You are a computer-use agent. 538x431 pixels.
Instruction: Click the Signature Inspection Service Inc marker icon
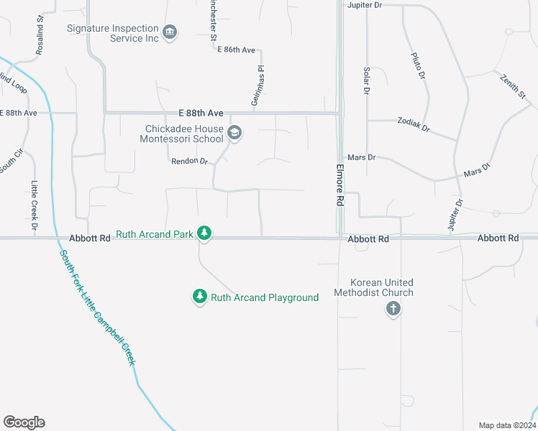[170, 32]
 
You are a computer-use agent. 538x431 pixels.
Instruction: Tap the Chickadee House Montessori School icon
[234, 133]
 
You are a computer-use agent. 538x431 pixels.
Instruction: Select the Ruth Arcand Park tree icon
[204, 233]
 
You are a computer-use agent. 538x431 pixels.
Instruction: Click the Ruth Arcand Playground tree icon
[199, 296]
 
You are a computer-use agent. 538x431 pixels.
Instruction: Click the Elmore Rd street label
[340, 185]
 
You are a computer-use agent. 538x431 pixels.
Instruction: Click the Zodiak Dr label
[414, 125]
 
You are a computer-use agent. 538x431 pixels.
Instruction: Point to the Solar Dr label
[366, 81]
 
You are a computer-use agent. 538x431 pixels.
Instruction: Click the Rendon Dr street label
[189, 162]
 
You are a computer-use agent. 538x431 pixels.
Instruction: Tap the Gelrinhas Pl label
[255, 87]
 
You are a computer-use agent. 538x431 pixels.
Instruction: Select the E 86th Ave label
[237, 50]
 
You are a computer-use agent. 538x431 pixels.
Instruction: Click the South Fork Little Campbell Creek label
[97, 307]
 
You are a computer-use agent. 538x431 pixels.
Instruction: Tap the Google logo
[24, 422]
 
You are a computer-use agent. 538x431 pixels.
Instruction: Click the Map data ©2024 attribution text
[503, 425]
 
